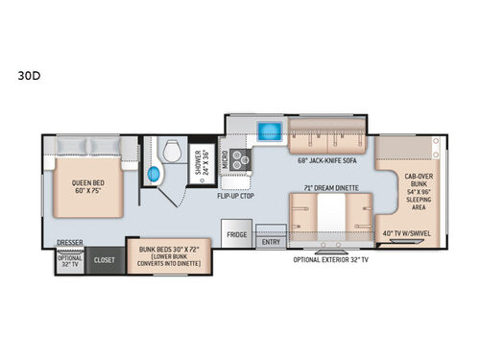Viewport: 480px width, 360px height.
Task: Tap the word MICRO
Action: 225,160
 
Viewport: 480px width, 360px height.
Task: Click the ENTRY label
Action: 271,243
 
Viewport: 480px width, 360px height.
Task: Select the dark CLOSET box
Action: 102,258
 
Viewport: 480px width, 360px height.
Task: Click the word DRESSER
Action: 68,243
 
